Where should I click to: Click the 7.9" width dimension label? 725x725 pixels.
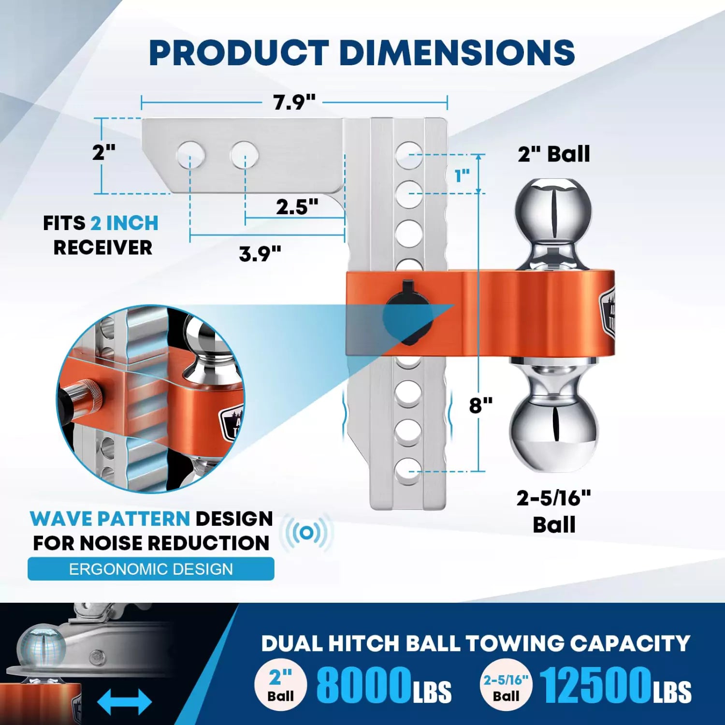[x=294, y=102]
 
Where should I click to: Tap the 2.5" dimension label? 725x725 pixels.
[x=297, y=207]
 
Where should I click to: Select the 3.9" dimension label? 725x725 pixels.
[x=260, y=254]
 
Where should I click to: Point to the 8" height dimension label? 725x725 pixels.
[x=480, y=405]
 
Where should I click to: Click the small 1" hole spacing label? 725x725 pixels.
[x=462, y=176]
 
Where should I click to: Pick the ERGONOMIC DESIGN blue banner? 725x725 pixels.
[x=151, y=569]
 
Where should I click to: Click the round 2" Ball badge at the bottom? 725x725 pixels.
[x=281, y=685]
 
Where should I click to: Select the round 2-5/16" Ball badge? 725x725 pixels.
[x=506, y=685]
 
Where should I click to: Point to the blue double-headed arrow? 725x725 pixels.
[x=124, y=701]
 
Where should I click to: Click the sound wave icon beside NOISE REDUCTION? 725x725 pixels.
[x=306, y=533]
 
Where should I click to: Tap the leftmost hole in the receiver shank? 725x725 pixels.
[x=190, y=155]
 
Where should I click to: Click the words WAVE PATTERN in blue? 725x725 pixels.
[x=110, y=519]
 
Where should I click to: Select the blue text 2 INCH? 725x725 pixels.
[x=124, y=223]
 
